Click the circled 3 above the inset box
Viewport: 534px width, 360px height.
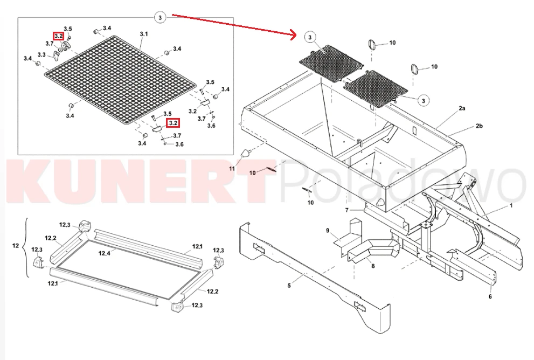coord(160,17)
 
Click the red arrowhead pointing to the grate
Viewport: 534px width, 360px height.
coord(294,34)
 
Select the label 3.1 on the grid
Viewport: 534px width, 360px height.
coord(144,34)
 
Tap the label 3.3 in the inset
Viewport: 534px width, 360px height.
coord(41,55)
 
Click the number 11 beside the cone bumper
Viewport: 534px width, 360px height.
coord(232,169)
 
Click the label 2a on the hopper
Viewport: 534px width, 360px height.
coord(462,108)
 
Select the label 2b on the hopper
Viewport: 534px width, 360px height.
coord(479,126)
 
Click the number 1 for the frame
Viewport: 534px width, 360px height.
coord(511,205)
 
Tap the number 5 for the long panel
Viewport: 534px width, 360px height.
coord(289,286)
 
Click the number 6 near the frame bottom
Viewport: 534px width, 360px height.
coord(490,296)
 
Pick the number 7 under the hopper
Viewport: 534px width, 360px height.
coord(346,210)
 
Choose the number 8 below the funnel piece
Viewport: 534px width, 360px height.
coord(373,266)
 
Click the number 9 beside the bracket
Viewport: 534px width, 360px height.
coord(328,231)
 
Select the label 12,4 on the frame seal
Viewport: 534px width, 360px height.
coord(104,253)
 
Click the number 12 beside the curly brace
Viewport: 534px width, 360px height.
coord(16,245)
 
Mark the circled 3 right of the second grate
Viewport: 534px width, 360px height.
coord(424,100)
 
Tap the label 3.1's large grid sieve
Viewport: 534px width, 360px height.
coord(121,80)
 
